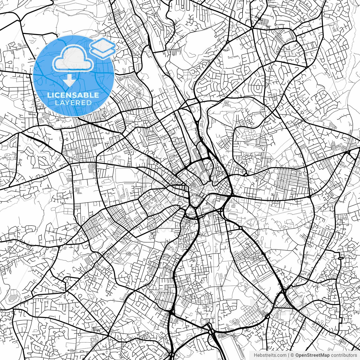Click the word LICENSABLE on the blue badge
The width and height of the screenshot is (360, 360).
pos(73,95)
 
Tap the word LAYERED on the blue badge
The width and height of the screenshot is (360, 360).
pos(73,103)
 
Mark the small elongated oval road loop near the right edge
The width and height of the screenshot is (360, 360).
pos(341,258)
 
